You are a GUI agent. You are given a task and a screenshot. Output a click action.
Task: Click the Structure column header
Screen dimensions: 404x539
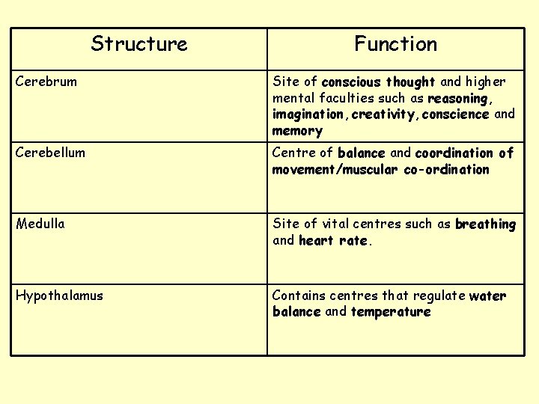(x=139, y=44)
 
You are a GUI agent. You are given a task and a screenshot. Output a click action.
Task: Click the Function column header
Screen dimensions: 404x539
(x=395, y=44)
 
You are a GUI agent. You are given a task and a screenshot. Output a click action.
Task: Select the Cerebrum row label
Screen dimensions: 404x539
(x=46, y=82)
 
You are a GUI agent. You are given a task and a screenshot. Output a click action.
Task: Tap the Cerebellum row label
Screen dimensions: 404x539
(x=51, y=153)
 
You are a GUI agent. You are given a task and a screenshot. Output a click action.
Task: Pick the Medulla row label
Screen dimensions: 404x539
(x=40, y=224)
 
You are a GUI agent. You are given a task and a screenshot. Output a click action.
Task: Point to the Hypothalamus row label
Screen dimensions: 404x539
(x=60, y=296)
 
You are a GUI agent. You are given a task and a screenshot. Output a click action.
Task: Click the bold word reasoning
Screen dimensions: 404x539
(x=458, y=98)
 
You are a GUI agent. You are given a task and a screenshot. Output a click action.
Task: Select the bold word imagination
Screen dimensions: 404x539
(x=309, y=114)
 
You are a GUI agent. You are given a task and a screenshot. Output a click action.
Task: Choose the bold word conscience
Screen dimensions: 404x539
(x=455, y=114)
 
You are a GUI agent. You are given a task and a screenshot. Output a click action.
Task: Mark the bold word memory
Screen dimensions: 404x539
(x=297, y=131)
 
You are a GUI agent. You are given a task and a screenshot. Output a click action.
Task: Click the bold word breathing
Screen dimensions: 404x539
(x=485, y=224)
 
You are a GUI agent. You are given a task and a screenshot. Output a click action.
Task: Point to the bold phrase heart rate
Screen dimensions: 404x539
(x=333, y=240)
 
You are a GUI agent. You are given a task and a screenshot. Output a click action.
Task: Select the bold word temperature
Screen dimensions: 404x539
(x=391, y=312)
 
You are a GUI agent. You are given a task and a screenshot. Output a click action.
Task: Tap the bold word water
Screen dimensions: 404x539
(x=487, y=296)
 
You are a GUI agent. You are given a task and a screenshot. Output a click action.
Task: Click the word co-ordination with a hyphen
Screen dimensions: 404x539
(x=446, y=169)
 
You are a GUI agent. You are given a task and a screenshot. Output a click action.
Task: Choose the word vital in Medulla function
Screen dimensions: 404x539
(x=335, y=224)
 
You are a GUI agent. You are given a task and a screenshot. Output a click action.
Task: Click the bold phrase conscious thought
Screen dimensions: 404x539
(x=378, y=82)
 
